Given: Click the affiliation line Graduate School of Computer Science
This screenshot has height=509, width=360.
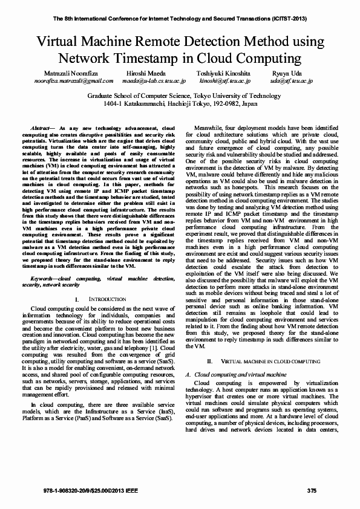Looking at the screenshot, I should point(180,96).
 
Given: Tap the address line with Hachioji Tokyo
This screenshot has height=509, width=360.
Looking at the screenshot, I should point(180,104).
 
